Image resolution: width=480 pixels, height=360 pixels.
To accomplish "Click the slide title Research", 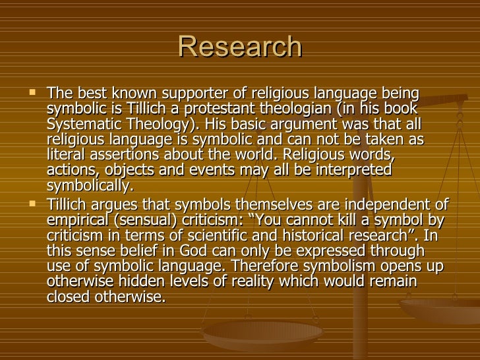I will point(240,47).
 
